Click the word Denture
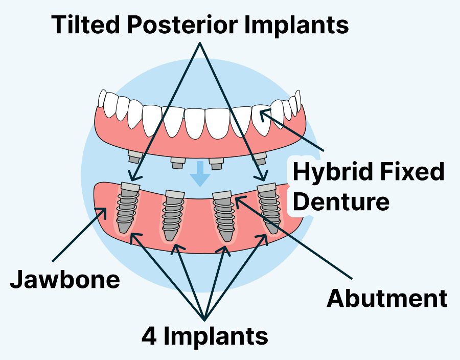[342, 201]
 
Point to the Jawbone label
[65, 281]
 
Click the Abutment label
[387, 298]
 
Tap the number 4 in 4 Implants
[149, 336]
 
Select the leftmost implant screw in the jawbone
[126, 210]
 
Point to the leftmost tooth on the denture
[102, 98]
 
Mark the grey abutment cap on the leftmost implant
[130, 188]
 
